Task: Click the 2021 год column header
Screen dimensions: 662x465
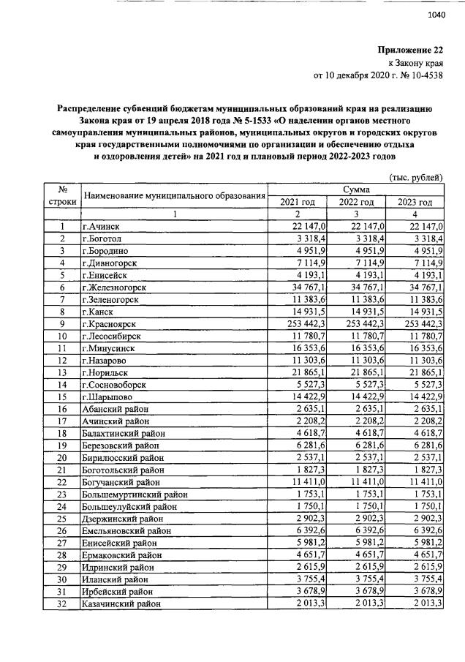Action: tap(297, 202)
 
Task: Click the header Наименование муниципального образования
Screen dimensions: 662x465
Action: tap(173, 195)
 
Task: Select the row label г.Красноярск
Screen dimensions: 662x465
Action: tap(110, 324)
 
